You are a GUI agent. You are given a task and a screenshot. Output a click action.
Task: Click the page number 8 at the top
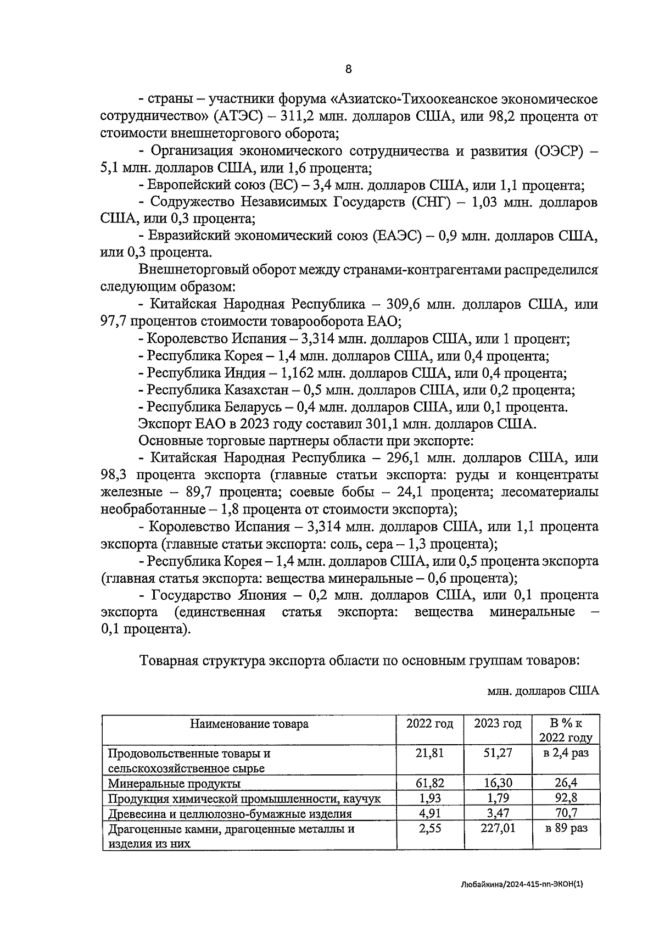(x=348, y=69)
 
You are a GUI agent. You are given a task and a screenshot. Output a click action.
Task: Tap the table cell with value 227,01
(x=498, y=828)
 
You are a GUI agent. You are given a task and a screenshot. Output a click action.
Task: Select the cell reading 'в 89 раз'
(x=566, y=828)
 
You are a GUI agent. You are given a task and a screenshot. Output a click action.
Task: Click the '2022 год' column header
(x=430, y=724)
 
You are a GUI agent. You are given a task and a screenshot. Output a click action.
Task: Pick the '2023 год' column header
(x=498, y=724)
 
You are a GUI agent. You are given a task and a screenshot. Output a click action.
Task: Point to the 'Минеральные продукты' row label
(x=174, y=783)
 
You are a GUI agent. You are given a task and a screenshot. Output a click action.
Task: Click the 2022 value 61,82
(x=430, y=783)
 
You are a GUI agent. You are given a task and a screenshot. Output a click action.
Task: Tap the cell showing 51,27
(x=498, y=753)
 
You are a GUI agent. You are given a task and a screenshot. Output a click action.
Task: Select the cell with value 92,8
(x=566, y=798)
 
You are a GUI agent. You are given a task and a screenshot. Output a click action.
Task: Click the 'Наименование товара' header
(x=249, y=724)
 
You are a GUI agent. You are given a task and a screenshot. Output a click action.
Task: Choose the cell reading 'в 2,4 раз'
(x=566, y=753)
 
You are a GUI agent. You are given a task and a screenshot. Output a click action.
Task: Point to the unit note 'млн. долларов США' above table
(x=543, y=691)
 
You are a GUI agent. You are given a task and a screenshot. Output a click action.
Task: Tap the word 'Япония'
(x=263, y=595)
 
